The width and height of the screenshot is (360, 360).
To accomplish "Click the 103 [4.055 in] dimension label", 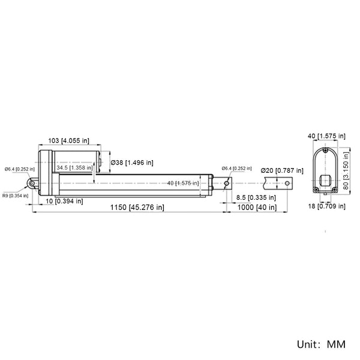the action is click(x=68, y=140).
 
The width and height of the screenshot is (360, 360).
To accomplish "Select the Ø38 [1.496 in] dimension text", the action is click(x=132, y=163).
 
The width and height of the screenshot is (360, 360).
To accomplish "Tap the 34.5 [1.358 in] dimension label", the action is click(x=74, y=167).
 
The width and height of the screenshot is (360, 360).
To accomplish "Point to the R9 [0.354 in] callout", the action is click(x=16, y=196).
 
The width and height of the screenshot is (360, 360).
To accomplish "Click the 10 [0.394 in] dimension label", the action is click(x=64, y=201).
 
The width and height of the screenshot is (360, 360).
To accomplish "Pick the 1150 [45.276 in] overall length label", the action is click(x=137, y=208).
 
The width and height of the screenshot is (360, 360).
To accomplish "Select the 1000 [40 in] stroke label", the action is click(x=257, y=208).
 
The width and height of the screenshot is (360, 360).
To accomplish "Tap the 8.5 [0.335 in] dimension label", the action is click(x=256, y=197).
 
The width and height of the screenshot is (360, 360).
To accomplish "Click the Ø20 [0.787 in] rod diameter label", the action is click(x=282, y=170).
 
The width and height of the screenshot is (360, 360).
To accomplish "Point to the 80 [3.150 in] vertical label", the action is click(x=346, y=170).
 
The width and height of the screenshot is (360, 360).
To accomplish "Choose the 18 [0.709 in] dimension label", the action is click(x=327, y=206).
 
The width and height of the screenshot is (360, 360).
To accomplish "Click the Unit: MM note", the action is click(x=321, y=344).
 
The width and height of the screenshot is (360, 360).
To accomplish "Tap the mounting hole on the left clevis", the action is click(x=32, y=183).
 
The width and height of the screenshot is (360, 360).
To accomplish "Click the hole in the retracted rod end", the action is click(x=227, y=183).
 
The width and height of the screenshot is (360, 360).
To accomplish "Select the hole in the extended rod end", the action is click(x=287, y=183).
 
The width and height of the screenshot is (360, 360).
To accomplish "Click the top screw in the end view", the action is click(x=325, y=151).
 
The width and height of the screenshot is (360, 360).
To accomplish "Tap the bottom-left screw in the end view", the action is click(x=316, y=190).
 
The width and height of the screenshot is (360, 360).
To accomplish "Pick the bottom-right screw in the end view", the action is click(x=335, y=190).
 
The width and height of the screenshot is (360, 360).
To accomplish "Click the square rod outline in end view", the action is click(x=325, y=180).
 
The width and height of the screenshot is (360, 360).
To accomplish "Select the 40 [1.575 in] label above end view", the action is click(x=326, y=136).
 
